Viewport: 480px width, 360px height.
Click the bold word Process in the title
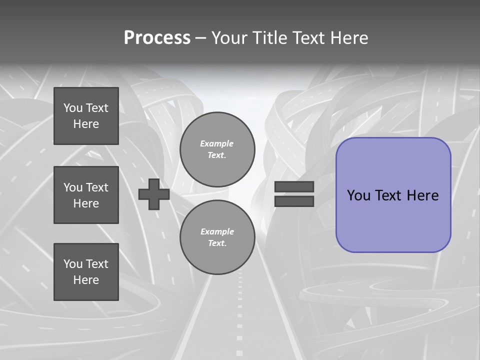tap(157, 38)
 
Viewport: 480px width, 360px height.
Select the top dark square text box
tap(86, 116)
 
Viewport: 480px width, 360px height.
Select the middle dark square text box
tap(86, 195)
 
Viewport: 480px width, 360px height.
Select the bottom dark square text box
tap(86, 271)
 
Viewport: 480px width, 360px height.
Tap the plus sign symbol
tap(154, 194)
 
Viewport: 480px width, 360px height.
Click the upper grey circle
tap(217, 149)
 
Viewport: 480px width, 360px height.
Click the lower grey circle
tap(217, 237)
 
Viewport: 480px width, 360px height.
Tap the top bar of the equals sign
tap(294, 187)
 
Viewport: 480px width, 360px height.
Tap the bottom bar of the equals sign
tap(294, 201)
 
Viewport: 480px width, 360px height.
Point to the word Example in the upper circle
tap(217, 143)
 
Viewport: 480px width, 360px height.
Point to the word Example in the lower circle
tap(217, 231)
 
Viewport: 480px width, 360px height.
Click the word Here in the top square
tap(86, 124)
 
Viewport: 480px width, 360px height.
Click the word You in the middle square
tap(72, 187)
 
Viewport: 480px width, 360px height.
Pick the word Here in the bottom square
tap(86, 280)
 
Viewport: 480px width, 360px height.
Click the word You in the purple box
tap(358, 195)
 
